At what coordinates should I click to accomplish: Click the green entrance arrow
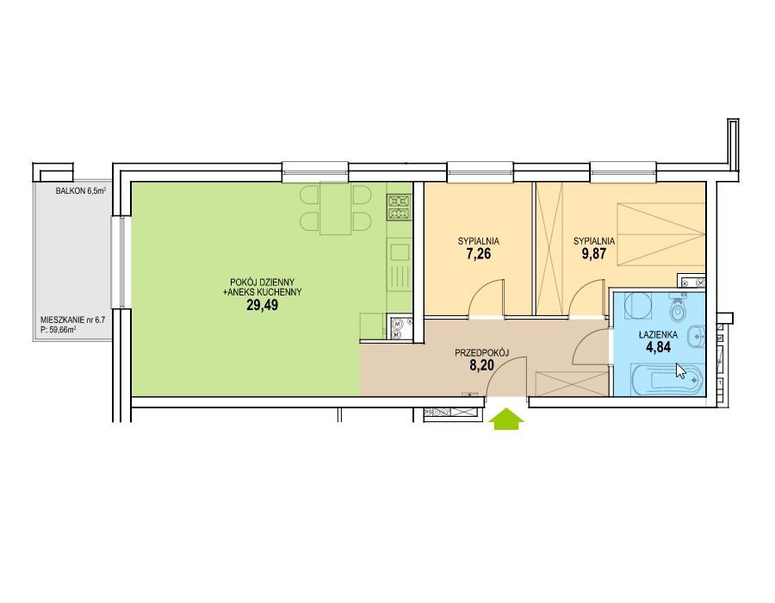506,420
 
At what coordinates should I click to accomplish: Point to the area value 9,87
594,254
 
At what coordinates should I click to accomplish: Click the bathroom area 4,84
659,347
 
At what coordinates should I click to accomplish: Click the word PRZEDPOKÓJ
482,352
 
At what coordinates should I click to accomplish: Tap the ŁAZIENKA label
659,335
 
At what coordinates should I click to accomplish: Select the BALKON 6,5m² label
81,190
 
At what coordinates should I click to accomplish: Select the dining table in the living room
336,208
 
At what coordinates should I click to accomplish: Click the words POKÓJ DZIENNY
263,283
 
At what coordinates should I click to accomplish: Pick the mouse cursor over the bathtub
680,370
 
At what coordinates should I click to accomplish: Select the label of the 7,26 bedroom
479,242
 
